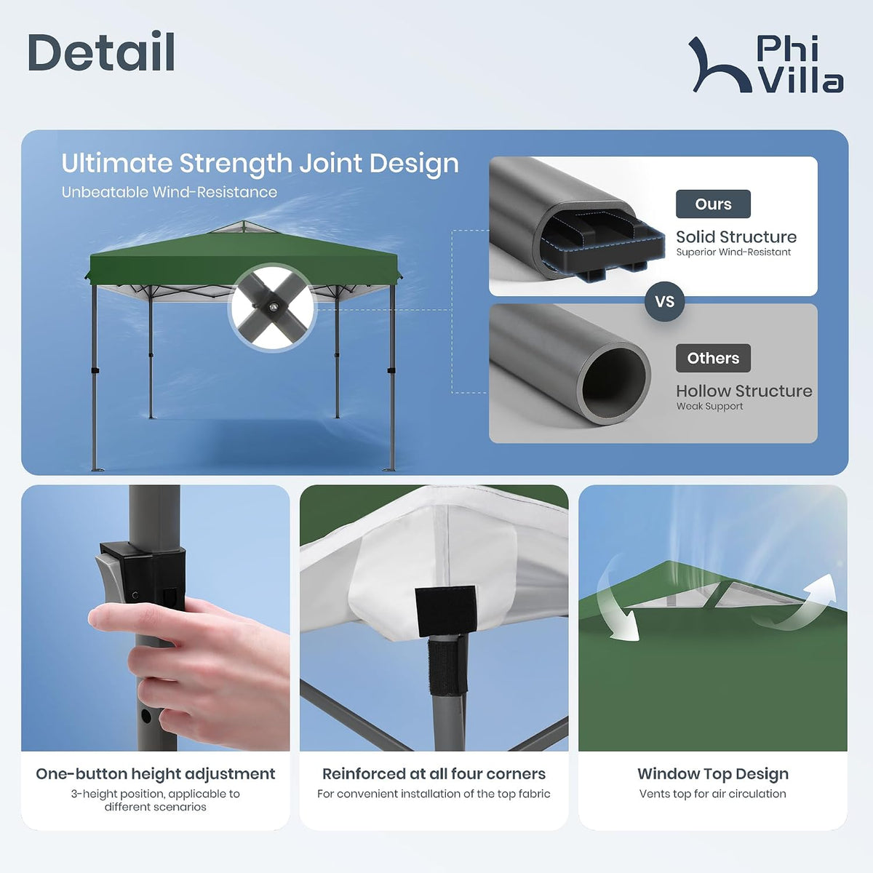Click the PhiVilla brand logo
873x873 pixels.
point(765,64)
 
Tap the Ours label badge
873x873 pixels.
point(713,204)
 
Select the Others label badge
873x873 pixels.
point(713,358)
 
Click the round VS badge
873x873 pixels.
point(665,301)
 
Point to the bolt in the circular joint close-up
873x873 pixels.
point(273,307)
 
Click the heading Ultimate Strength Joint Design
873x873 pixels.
point(260,163)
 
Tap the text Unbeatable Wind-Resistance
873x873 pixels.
point(170,192)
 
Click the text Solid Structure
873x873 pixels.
point(736,236)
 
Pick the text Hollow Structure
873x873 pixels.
point(744,391)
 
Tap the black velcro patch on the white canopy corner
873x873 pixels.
point(446,611)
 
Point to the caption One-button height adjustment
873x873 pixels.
point(156,774)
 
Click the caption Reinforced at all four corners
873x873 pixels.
point(434,774)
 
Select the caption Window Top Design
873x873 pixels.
point(713,774)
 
